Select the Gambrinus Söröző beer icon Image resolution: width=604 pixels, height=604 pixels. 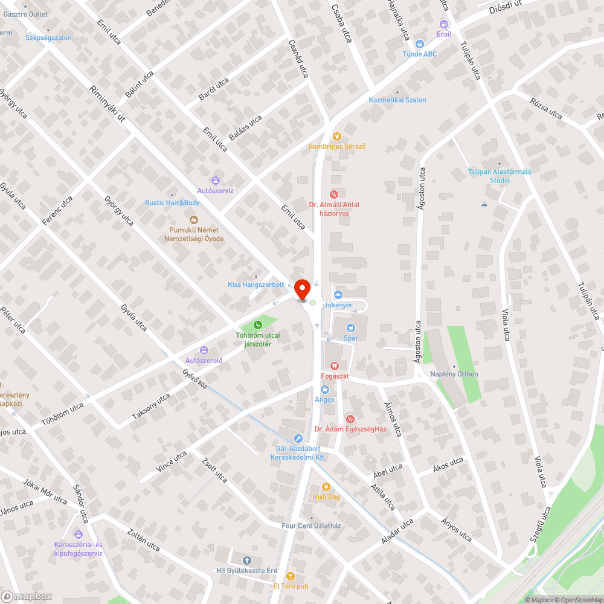[x=337, y=136]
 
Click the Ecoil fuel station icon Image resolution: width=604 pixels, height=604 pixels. [x=444, y=24]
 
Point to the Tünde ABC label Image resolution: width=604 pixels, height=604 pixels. [x=420, y=54]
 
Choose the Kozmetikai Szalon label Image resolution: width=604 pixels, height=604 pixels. [x=397, y=100]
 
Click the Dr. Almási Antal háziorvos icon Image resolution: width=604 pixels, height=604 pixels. [x=333, y=194]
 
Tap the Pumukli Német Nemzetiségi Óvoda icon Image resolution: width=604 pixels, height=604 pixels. [x=194, y=219]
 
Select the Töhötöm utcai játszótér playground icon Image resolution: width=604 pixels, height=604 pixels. [x=258, y=326]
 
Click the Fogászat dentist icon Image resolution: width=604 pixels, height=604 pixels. [x=334, y=365]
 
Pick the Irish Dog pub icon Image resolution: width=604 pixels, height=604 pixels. [x=326, y=486]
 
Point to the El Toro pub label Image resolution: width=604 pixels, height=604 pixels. [x=291, y=586]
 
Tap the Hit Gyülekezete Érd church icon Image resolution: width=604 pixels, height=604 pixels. [x=246, y=560]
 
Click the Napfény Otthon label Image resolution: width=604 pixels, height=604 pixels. [x=454, y=374]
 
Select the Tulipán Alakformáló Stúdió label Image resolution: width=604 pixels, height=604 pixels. [x=500, y=175]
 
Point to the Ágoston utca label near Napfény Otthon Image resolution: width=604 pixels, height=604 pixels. [x=417, y=342]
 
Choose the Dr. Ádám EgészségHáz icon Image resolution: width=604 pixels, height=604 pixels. [x=350, y=419]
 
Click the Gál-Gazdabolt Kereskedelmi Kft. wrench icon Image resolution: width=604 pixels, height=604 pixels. [x=298, y=439]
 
